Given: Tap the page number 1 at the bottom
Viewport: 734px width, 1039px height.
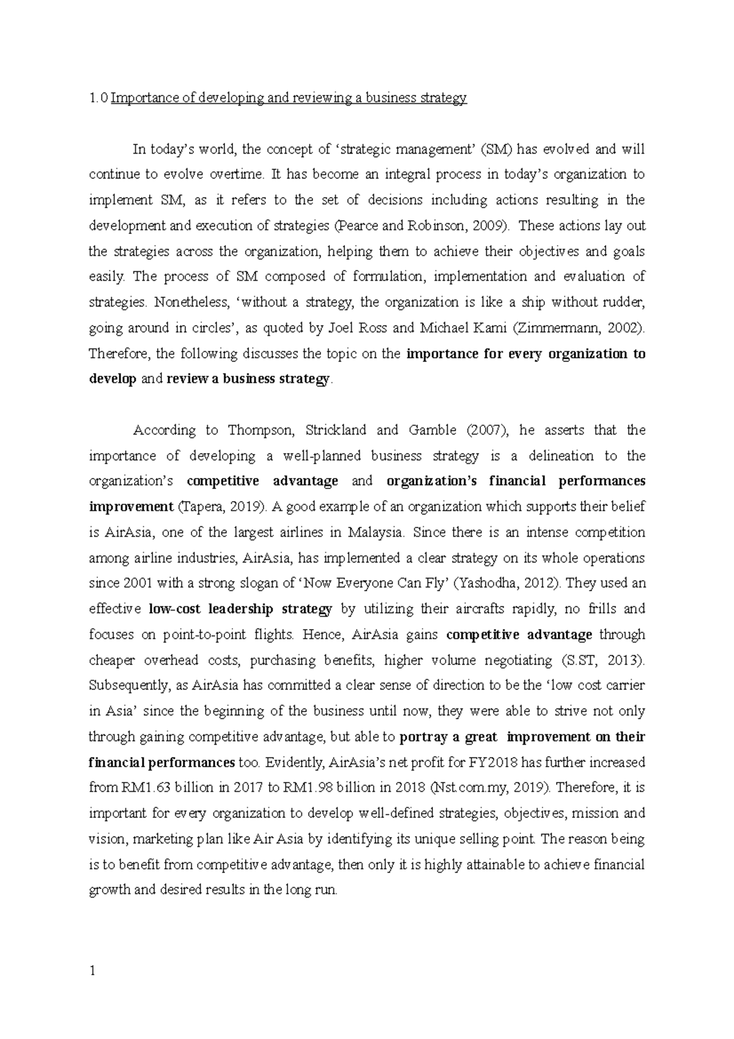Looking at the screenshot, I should coord(92,970).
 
